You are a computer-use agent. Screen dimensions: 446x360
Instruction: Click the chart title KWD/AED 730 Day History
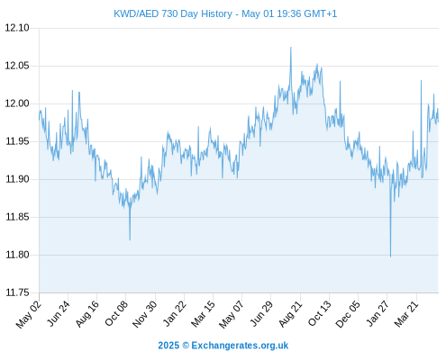click(173, 13)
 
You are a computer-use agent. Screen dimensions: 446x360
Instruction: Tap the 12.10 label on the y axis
click(17, 28)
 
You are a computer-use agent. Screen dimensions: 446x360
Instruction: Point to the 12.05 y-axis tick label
click(17, 66)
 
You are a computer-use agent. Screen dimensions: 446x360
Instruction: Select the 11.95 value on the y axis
click(17, 141)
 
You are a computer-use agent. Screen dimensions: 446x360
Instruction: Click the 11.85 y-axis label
click(17, 217)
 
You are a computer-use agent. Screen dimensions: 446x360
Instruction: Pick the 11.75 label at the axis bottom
click(17, 292)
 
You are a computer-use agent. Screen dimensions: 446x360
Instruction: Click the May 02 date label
click(29, 314)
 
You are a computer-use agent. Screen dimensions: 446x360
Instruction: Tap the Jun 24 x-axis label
click(59, 313)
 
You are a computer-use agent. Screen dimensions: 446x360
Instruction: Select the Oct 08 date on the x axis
click(116, 314)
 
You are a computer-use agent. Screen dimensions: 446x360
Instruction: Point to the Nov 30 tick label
click(145, 314)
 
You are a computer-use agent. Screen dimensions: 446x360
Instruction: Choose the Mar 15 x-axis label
click(204, 314)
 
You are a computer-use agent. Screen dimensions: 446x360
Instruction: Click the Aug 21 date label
click(290, 314)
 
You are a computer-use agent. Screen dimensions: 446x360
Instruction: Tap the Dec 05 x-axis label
click(348, 314)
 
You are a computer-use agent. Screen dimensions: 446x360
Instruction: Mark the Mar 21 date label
click(406, 313)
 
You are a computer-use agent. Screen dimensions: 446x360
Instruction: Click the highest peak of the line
click(291, 48)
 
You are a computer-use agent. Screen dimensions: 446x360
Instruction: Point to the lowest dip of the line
click(390, 256)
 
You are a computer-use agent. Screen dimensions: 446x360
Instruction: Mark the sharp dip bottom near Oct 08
click(130, 239)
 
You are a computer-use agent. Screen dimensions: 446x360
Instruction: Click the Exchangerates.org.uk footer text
click(240, 346)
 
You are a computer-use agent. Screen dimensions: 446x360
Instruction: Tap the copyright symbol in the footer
click(186, 346)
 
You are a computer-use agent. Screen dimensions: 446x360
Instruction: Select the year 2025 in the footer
click(168, 346)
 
